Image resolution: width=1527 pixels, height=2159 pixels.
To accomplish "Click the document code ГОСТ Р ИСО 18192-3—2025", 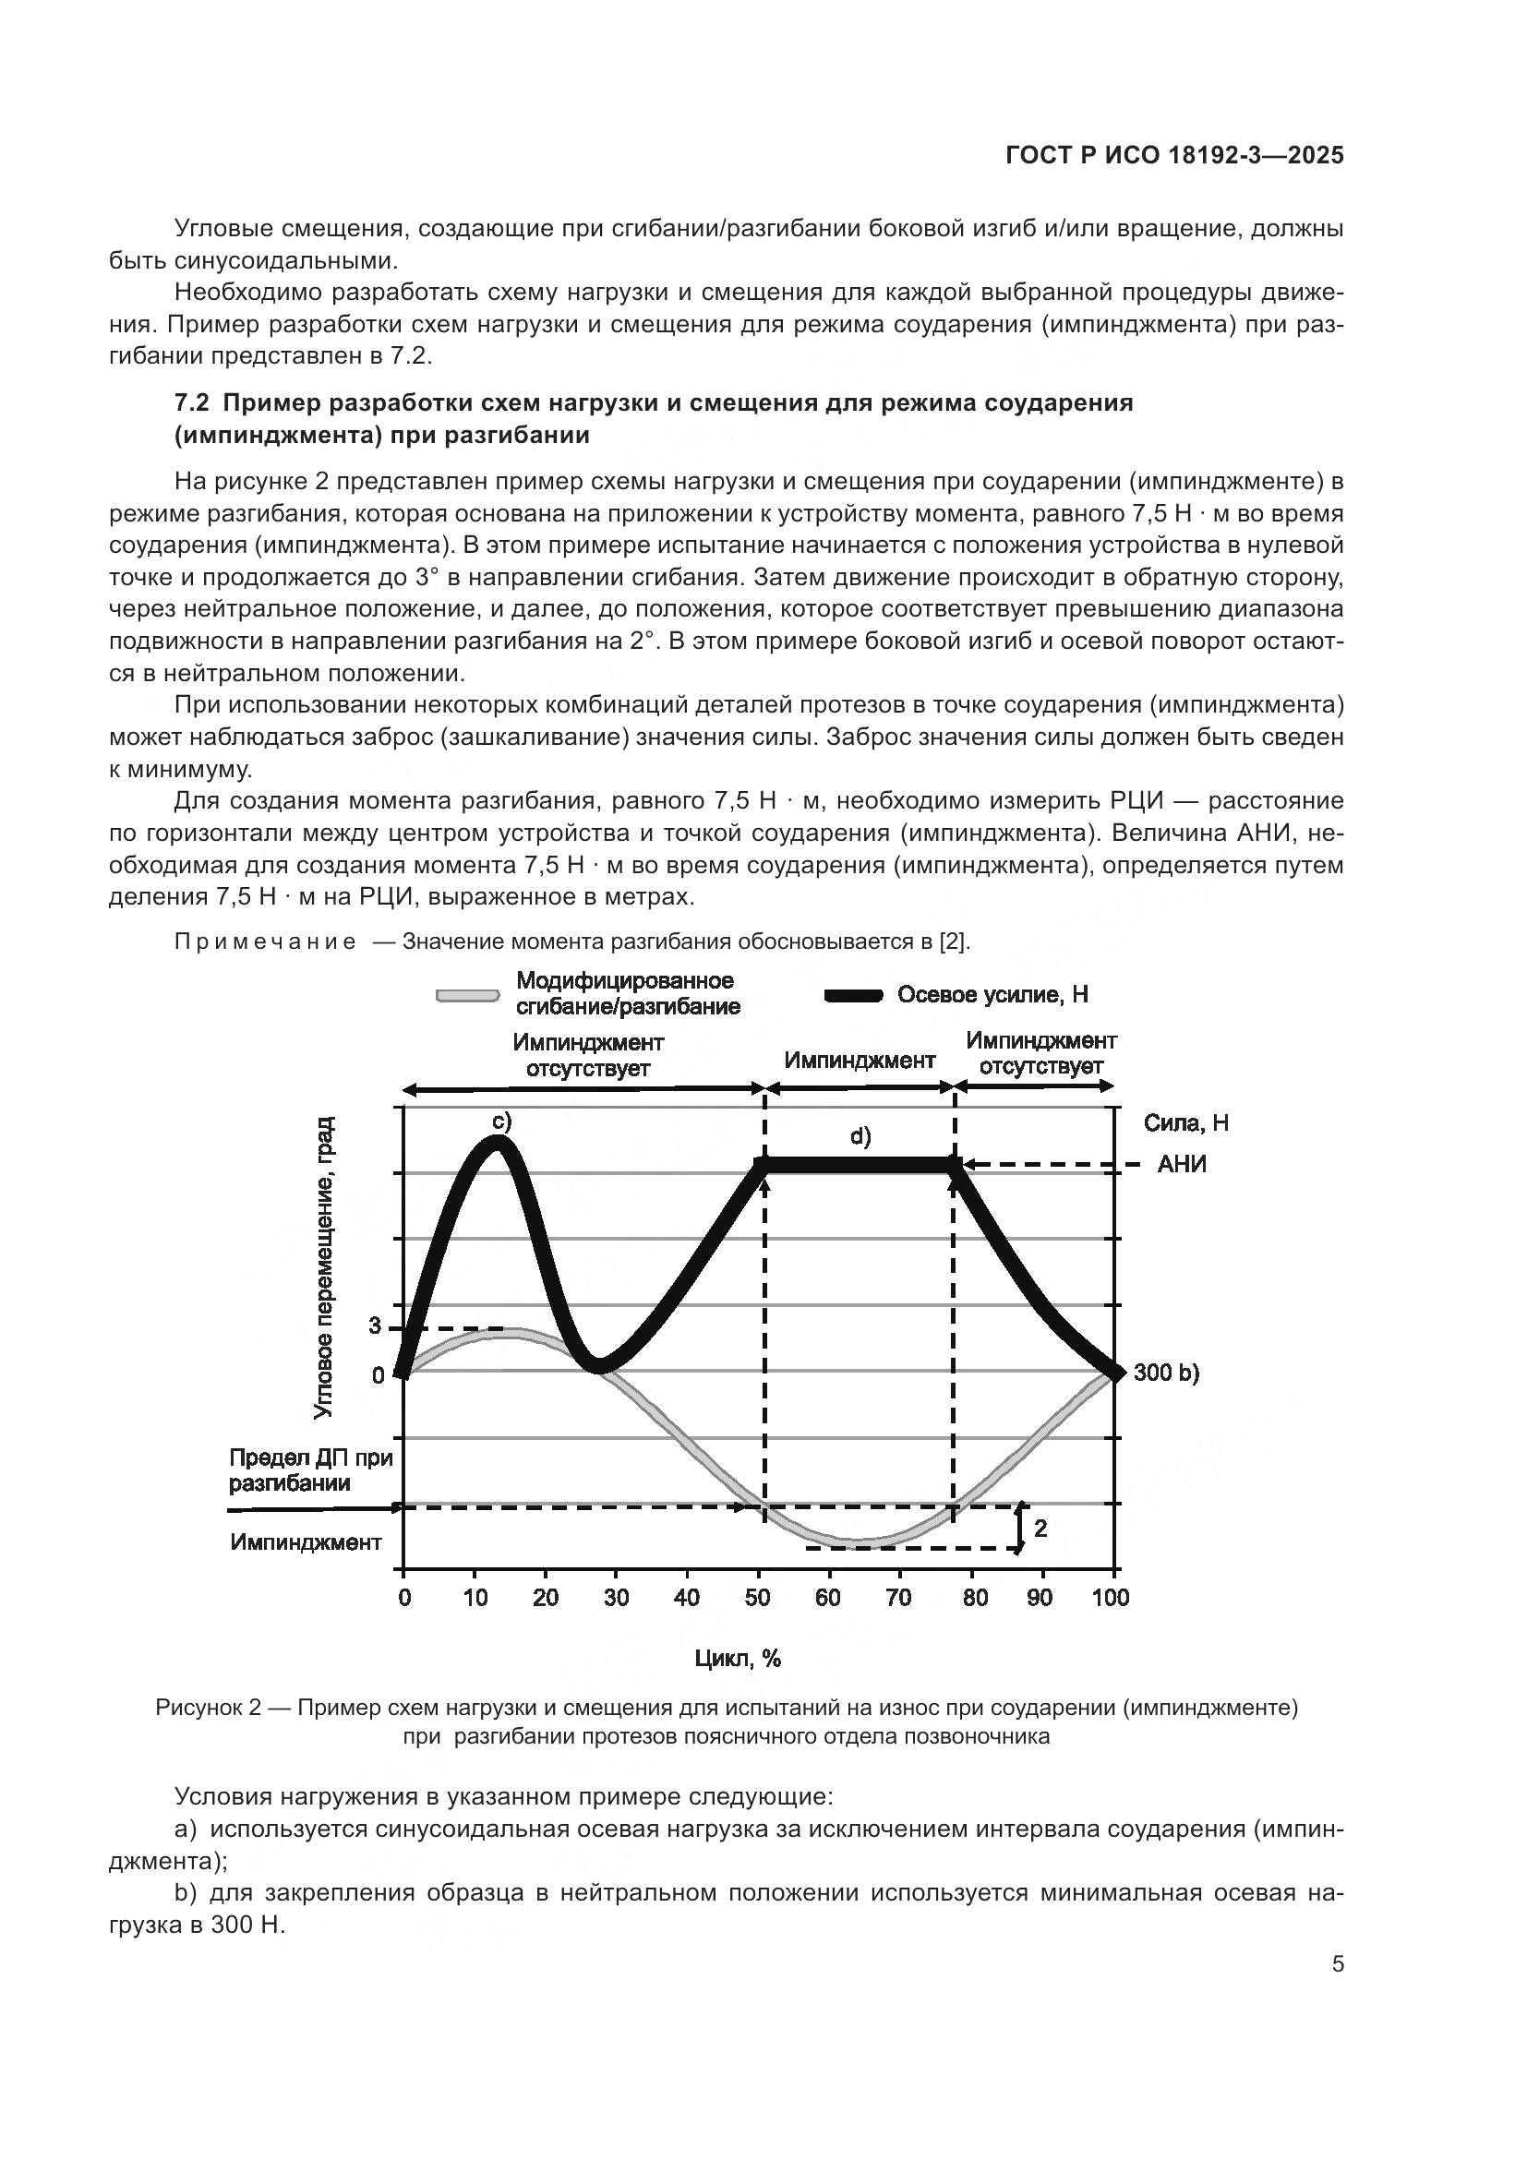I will pos(1174,156).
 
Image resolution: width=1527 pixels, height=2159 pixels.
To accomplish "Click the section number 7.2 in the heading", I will pos(191,403).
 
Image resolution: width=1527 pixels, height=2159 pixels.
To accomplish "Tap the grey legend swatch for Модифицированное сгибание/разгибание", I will pos(467,995).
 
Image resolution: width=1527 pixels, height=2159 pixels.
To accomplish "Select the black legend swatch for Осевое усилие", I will pos(853,996).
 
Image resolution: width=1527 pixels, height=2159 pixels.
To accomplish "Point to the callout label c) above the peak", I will pos(501,1121).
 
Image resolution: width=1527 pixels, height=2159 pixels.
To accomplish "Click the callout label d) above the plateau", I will pos(860,1136).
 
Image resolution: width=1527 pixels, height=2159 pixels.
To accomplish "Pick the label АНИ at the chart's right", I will pos(1181,1165).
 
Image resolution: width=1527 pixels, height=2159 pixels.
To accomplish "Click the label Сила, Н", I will pos(1185,1122).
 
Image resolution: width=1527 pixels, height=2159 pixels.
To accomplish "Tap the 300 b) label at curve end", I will pos(1166,1373).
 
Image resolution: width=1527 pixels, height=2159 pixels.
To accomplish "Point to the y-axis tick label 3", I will pos(374,1326).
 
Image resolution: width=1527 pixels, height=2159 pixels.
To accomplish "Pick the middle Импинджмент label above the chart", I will pos(860,1061).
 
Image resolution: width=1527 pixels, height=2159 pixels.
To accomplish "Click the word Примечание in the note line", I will pos(265,942).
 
